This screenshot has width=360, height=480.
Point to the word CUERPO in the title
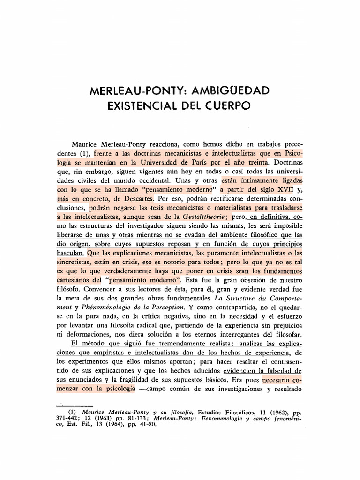pos(229,106)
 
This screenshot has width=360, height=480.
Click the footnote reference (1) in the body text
pos(84,153)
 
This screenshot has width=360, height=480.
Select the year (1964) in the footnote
pos(109,425)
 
